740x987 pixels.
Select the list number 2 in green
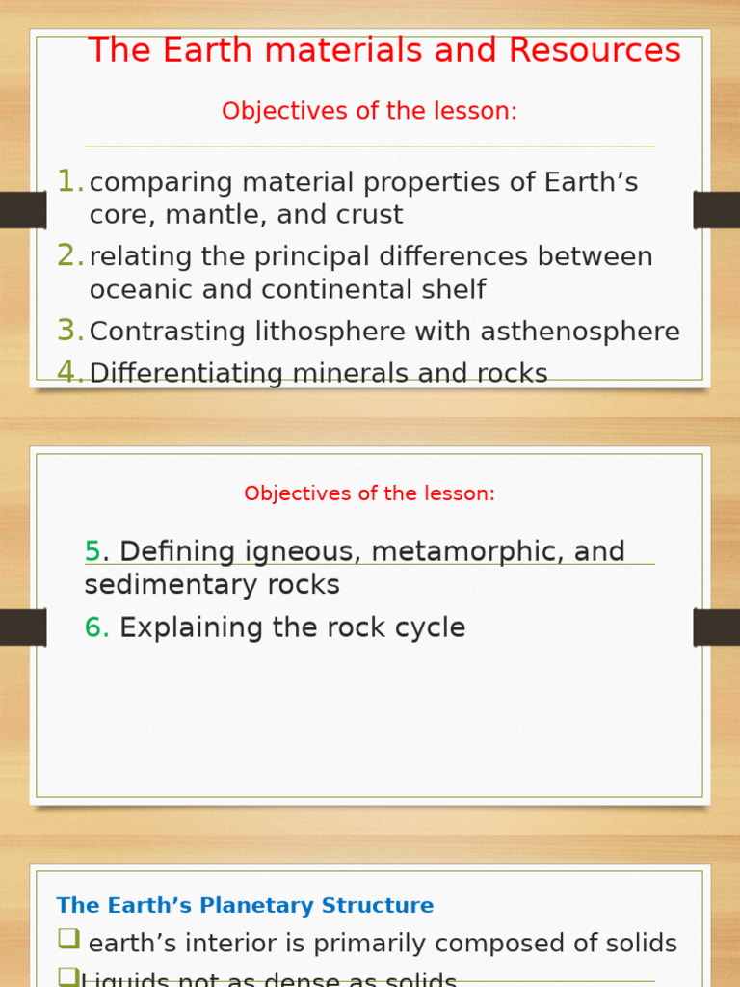pos(68,255)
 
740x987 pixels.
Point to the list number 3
pos(68,331)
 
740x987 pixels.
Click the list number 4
pos(68,372)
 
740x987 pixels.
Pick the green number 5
pos(92,551)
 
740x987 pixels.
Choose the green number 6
pos(95,627)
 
